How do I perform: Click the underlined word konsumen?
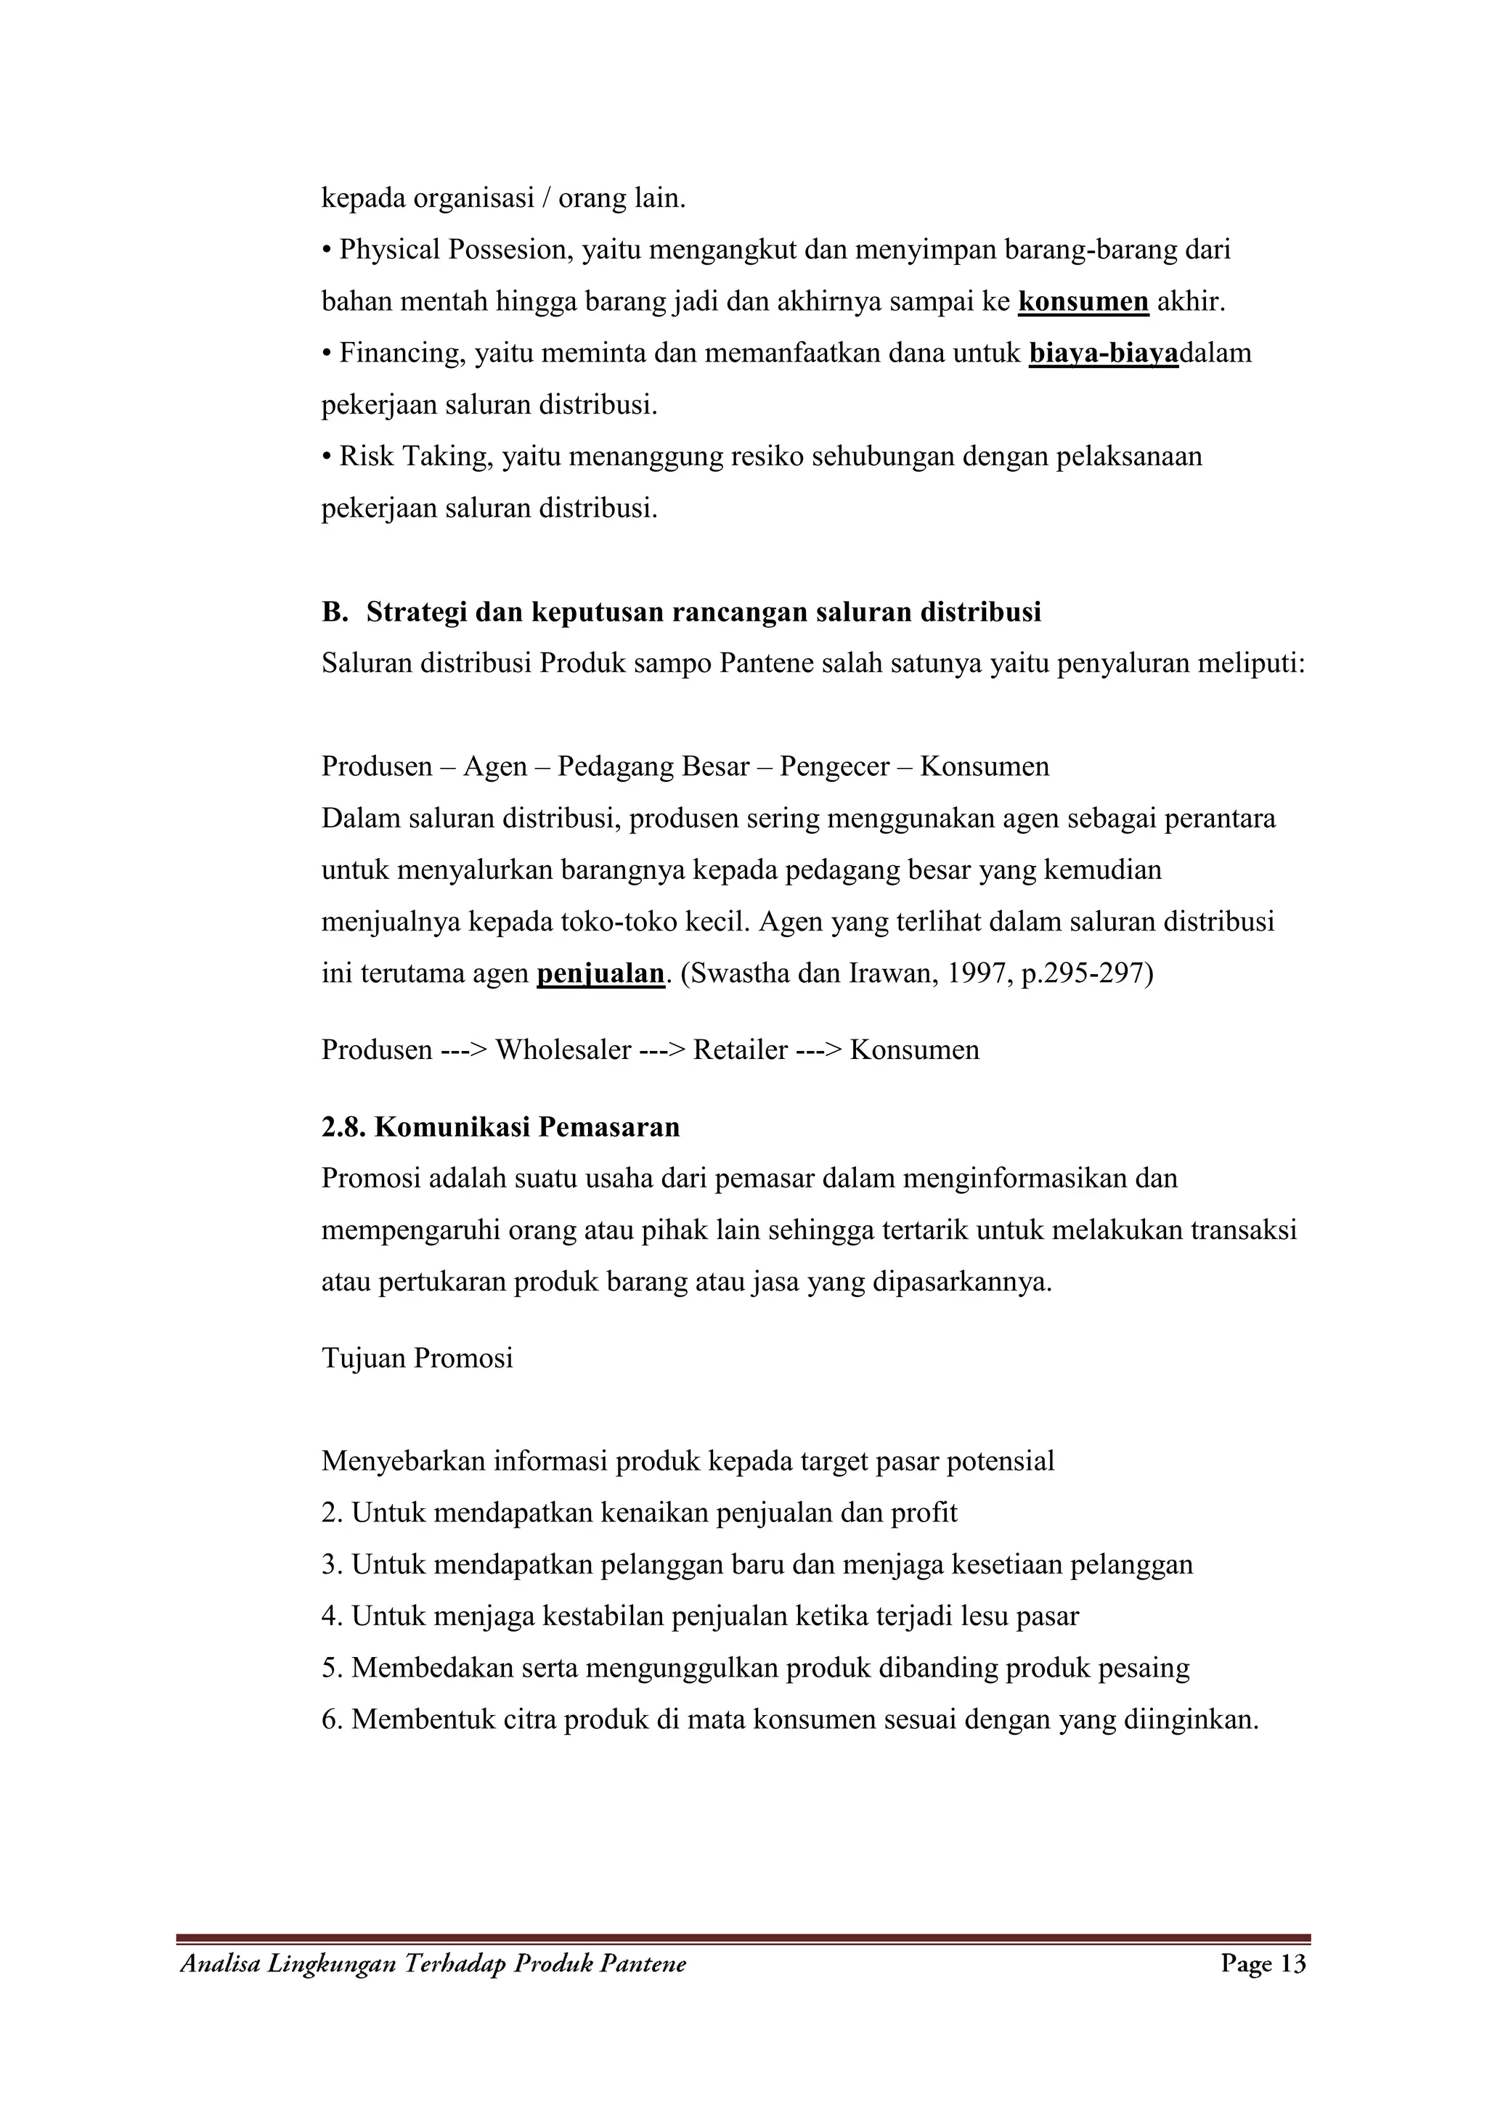pos(1083,302)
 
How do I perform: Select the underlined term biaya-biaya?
pos(1104,353)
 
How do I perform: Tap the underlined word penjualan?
pos(600,973)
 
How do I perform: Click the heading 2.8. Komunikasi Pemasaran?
pos(501,1127)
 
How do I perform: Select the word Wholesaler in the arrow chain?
pos(563,1050)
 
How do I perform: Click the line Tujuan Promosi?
pos(417,1358)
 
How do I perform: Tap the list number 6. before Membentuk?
pos(333,1720)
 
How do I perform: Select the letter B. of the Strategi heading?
pos(334,613)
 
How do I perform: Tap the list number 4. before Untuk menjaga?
pos(333,1616)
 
